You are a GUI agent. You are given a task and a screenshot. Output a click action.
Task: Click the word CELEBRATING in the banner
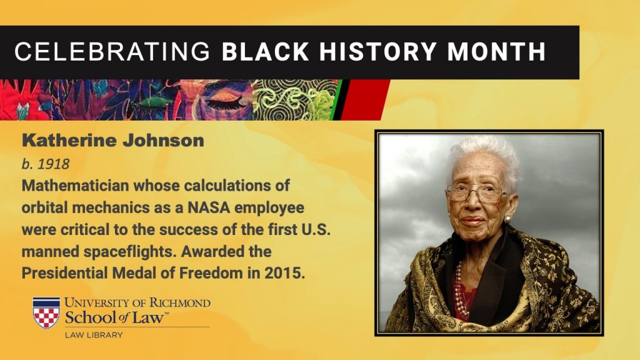tap(112, 52)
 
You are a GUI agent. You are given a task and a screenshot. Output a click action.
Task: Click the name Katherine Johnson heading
tap(113, 141)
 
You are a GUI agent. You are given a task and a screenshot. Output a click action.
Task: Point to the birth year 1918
tap(54, 164)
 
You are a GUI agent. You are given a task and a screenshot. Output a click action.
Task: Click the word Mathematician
tap(75, 186)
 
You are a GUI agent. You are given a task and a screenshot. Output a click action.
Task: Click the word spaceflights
tap(130, 252)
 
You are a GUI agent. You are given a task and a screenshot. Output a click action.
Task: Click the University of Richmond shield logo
tap(46, 312)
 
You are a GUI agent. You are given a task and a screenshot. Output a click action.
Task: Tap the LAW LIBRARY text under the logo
tap(94, 335)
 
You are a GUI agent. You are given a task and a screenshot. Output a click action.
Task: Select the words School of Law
tap(116, 317)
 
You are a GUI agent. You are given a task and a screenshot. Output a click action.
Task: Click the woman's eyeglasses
tap(476, 192)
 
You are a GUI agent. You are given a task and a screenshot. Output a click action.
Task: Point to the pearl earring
tap(507, 219)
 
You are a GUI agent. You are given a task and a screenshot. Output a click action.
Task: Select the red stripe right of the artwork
tap(364, 99)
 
